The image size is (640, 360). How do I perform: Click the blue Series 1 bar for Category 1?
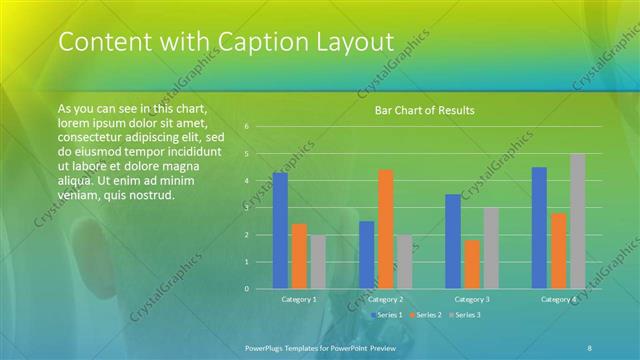(280, 231)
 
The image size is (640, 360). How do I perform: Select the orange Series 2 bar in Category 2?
(385, 229)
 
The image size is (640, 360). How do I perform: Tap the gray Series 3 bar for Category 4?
(577, 221)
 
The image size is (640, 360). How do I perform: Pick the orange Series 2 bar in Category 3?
(471, 264)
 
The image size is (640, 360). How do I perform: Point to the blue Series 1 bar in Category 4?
(539, 228)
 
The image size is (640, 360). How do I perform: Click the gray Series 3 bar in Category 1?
(317, 262)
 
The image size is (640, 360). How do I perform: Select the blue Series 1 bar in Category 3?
(453, 241)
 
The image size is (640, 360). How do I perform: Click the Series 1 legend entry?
(387, 314)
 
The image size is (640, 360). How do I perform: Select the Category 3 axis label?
(471, 299)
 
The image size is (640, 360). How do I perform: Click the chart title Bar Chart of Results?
(424, 110)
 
